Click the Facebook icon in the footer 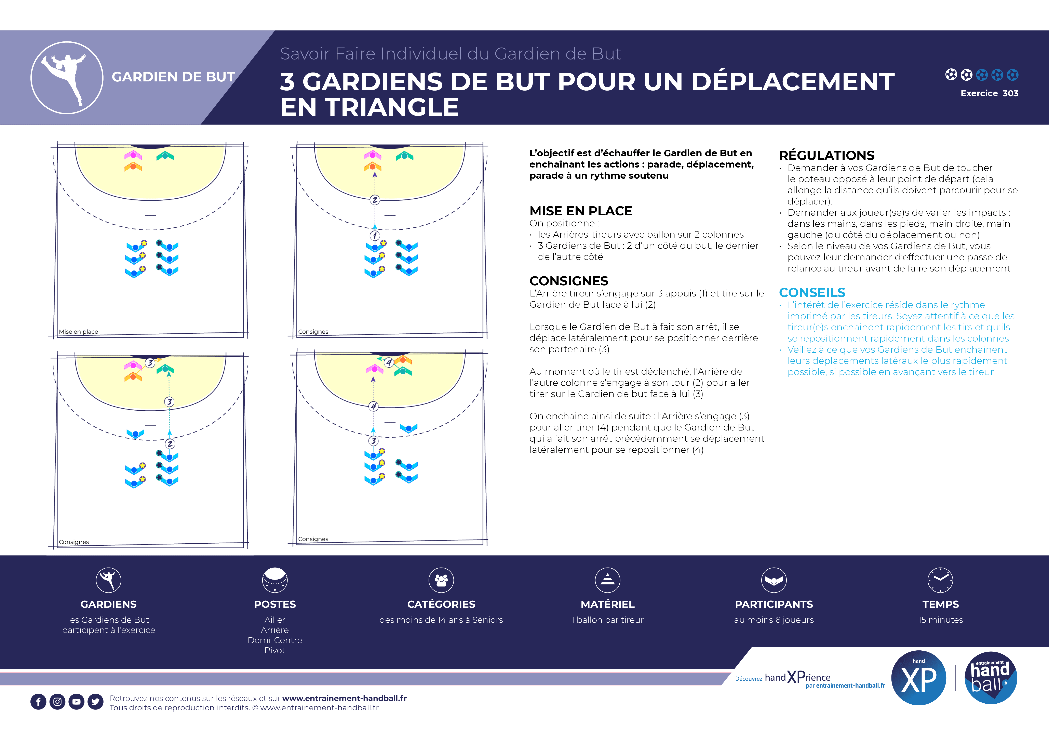pyautogui.click(x=38, y=701)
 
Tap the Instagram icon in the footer pyautogui.click(x=58, y=701)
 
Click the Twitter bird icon pyautogui.click(x=95, y=701)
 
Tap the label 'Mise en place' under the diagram pyautogui.click(x=78, y=332)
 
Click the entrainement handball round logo pyautogui.click(x=991, y=678)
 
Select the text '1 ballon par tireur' pyautogui.click(x=607, y=620)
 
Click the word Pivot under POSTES pyautogui.click(x=275, y=650)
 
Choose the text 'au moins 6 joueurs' pyautogui.click(x=774, y=620)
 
